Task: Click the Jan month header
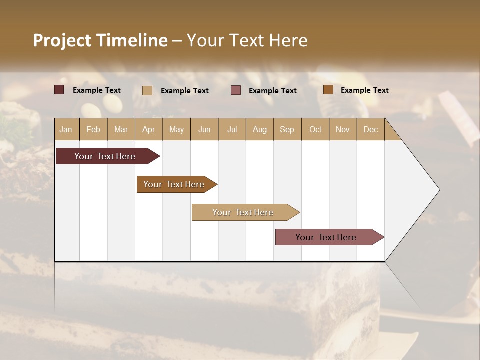point(66,129)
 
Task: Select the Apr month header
point(148,129)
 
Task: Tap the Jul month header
point(232,129)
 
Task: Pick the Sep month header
point(287,129)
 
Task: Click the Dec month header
point(370,129)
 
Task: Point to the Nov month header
point(342,129)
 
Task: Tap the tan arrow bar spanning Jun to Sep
point(243,212)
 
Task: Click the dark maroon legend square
point(59,90)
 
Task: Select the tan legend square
point(147,90)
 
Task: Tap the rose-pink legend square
point(236,90)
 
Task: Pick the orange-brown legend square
point(328,90)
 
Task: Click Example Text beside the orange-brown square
point(364,90)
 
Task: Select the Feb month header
point(93,129)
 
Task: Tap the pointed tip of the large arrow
point(438,190)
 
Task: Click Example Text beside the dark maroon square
point(96,90)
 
